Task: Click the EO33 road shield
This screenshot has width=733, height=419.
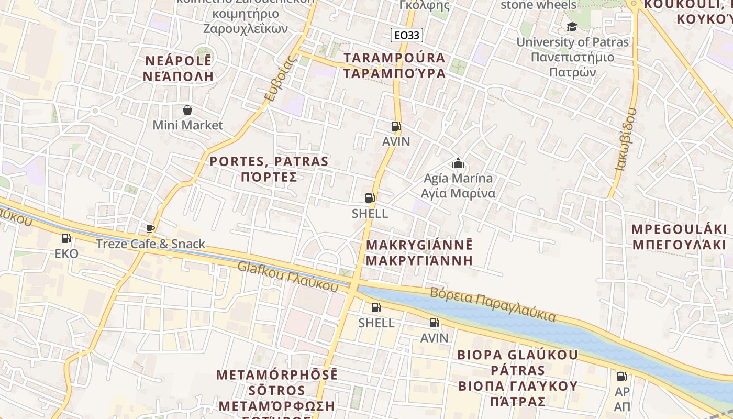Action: click(x=406, y=35)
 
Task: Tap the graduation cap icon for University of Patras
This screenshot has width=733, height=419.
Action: click(x=572, y=27)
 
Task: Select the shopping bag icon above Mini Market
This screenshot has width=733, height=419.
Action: click(x=187, y=110)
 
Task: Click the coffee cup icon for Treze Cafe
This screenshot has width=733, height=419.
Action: click(x=150, y=228)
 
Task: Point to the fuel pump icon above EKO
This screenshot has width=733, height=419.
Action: click(x=66, y=238)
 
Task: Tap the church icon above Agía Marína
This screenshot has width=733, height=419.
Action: click(x=458, y=163)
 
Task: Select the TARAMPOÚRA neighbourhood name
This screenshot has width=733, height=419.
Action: click(x=394, y=65)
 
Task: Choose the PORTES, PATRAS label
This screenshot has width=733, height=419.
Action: click(x=269, y=169)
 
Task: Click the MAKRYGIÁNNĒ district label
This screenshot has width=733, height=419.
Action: click(x=419, y=252)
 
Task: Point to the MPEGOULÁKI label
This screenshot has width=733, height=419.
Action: click(x=679, y=237)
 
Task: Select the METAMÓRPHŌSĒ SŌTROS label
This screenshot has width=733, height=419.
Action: click(x=277, y=390)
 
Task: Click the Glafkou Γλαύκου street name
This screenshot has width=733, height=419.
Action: click(x=287, y=276)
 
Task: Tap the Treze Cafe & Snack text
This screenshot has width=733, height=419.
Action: click(x=150, y=244)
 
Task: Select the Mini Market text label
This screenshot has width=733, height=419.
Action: click(x=187, y=125)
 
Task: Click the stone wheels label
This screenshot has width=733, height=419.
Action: click(x=538, y=5)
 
